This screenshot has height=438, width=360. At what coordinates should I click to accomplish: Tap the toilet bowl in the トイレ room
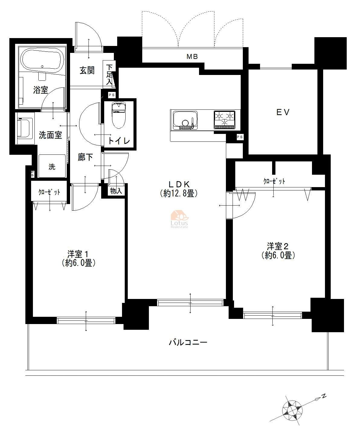[119, 115]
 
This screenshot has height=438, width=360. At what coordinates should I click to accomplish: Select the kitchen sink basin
[185, 120]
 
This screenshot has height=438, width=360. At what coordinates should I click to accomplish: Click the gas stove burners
[225, 120]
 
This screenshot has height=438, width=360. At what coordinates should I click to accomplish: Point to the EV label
[283, 112]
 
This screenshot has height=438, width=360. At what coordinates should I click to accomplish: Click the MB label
[192, 57]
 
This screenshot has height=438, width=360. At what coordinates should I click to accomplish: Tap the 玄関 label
[87, 70]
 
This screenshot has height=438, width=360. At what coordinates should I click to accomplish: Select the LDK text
[179, 184]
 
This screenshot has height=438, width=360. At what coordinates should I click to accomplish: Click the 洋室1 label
[78, 254]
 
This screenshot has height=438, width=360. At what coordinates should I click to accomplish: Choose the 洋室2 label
[278, 247]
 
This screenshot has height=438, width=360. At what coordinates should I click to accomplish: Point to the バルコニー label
[188, 342]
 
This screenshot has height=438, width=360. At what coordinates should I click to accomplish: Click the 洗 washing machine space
[52, 166]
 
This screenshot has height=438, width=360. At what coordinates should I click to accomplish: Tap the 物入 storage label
[116, 191]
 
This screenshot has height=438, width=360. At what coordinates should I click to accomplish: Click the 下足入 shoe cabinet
[109, 74]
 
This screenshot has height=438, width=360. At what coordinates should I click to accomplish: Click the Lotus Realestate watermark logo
[179, 219]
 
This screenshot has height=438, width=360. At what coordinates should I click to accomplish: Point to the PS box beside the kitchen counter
[239, 137]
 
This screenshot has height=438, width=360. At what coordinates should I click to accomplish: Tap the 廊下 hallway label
[85, 157]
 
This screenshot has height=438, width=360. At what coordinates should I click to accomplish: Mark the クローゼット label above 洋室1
[49, 192]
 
